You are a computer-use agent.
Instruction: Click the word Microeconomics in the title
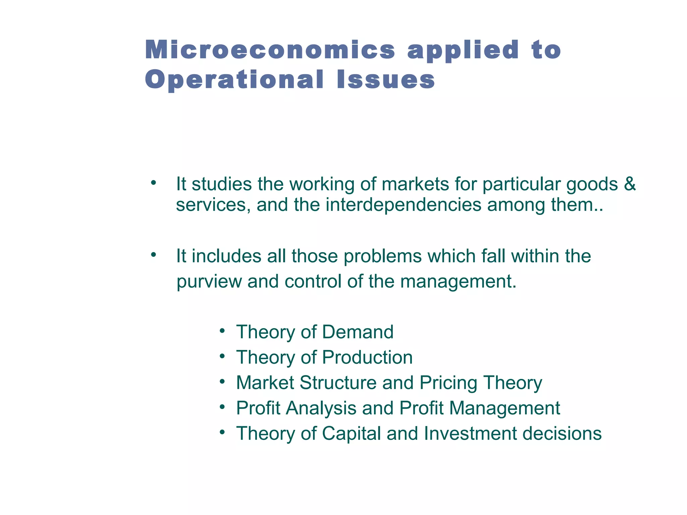[270, 50]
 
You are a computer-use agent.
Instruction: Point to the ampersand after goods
[630, 184]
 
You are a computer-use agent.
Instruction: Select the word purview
[209, 282]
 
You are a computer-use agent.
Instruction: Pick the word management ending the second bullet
[458, 282]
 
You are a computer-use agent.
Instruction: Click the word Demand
[358, 332]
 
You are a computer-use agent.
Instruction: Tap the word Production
[367, 357]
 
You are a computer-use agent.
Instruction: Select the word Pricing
[448, 383]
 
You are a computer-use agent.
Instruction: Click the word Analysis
[321, 408]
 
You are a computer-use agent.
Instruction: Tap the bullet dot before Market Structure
[222, 383]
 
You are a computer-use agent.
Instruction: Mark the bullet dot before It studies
[153, 183]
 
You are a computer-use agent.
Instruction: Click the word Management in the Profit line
[505, 408]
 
